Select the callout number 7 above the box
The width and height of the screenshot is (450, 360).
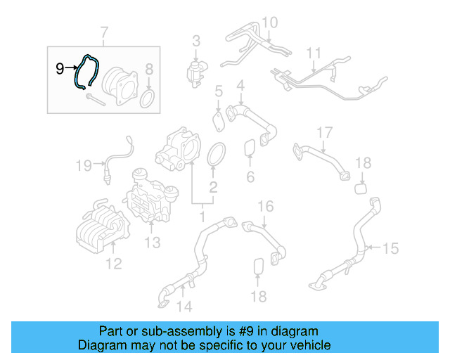click(x=104, y=32)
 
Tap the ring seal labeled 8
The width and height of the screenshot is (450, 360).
click(x=148, y=98)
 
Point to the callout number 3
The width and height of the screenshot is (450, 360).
click(x=196, y=41)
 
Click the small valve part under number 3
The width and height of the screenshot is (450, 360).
click(x=195, y=71)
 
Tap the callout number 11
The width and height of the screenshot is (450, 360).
click(x=314, y=53)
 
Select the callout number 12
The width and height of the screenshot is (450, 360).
click(x=113, y=264)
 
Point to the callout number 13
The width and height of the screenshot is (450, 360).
click(x=153, y=243)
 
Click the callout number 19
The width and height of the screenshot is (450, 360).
click(x=84, y=166)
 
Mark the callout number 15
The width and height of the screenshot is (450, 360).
click(x=390, y=248)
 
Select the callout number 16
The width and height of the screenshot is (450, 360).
click(x=264, y=206)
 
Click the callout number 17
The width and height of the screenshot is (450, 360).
click(x=323, y=132)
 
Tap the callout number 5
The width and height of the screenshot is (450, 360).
click(x=219, y=91)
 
